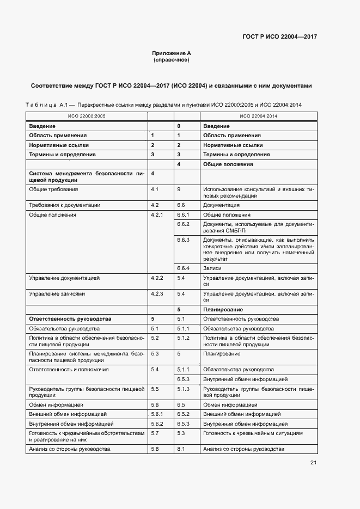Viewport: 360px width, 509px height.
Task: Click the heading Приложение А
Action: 171,53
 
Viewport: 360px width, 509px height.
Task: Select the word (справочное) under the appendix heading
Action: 171,60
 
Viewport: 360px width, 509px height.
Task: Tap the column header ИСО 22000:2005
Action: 87,116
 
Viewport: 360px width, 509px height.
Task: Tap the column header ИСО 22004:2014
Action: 258,116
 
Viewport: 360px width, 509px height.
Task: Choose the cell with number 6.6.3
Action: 183,240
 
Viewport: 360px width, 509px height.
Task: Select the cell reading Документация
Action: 221,205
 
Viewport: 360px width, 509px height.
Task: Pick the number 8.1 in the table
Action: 181,449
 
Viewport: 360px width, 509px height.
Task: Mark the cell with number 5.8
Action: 154,449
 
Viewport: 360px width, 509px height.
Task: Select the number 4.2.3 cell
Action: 157,294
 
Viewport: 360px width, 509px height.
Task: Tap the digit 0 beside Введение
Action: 179,126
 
